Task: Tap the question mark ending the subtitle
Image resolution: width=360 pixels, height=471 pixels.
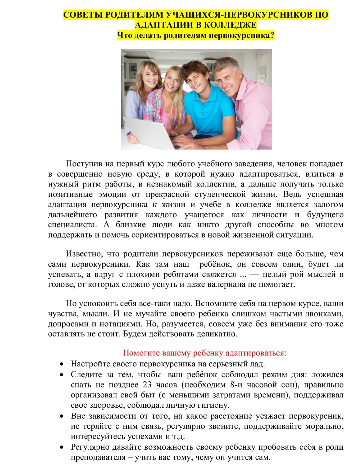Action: pyautogui.click(x=272, y=35)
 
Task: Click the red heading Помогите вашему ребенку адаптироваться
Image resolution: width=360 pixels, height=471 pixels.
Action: pyautogui.click(x=204, y=353)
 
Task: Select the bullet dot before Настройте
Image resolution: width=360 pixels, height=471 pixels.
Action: pyautogui.click(x=61, y=364)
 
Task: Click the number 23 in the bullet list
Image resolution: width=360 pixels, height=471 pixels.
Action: pyautogui.click(x=147, y=385)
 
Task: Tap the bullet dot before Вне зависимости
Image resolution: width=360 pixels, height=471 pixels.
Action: pyautogui.click(x=61, y=416)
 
